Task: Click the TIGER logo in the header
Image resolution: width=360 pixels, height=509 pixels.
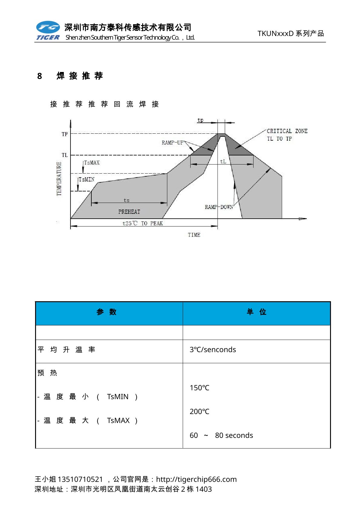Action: pos(48,31)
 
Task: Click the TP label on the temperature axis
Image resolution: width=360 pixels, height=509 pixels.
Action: pos(65,134)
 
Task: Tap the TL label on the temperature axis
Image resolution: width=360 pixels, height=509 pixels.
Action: pos(65,155)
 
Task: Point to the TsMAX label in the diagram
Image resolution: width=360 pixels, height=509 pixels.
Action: pos(92,163)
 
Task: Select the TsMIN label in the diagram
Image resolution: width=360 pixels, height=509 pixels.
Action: pos(87,179)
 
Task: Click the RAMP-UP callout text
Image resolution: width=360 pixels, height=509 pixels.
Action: pos(172,142)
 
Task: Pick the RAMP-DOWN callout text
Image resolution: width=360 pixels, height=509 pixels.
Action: pos(219,207)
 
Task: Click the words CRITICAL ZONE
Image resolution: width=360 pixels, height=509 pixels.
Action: pos(287,131)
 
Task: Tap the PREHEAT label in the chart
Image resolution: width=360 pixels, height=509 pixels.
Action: pos(129,212)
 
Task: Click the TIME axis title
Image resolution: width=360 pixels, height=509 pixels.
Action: pos(194,235)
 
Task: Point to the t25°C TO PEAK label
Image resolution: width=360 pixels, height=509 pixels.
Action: pos(142,223)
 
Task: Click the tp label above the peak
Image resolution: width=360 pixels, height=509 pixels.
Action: pos(200,120)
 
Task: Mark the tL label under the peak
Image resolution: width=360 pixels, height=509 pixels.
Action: pos(223,162)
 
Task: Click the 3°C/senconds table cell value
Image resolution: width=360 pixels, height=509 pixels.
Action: pos(213,350)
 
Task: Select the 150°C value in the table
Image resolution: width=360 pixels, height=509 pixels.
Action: pos(199,388)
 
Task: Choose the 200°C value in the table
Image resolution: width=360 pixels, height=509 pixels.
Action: pos(199,411)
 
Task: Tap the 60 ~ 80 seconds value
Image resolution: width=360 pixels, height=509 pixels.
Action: pos(221,435)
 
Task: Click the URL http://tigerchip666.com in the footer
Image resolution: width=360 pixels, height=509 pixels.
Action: pos(196,479)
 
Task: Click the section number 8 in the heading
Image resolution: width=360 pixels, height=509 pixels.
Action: pos(40,76)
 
